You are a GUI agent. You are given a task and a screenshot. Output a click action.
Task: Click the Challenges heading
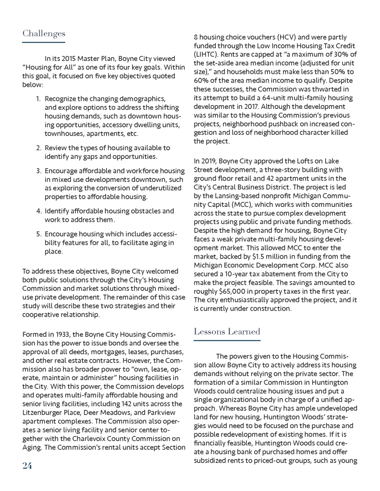44,34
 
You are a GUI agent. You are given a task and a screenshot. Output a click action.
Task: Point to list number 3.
38,171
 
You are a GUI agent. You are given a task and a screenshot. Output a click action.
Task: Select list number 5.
38,234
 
